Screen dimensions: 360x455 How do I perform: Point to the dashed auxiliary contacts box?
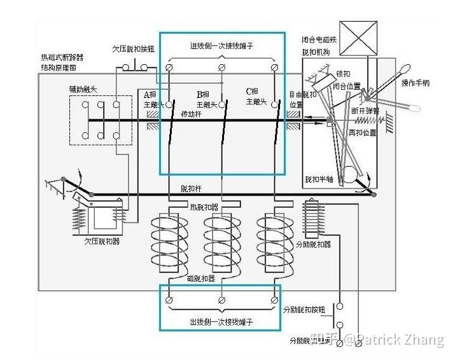click(100, 120)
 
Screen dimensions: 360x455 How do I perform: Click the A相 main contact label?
click(154, 99)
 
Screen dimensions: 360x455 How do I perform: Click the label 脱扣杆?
click(192, 189)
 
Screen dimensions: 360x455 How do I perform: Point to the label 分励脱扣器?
click(313, 244)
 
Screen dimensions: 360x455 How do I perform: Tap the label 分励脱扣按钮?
click(304, 310)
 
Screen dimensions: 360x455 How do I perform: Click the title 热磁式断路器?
click(62, 58)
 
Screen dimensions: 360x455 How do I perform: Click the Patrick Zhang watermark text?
click(395, 340)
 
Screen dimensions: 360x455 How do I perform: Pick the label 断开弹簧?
click(365, 110)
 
